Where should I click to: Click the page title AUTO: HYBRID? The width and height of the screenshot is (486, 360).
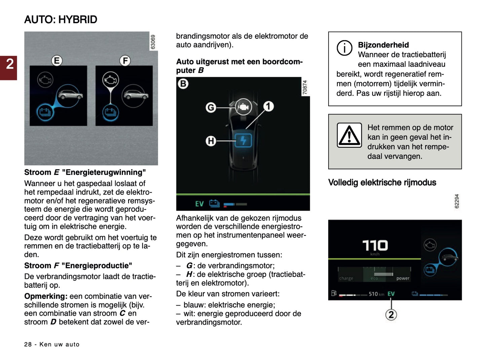click(x=61, y=20)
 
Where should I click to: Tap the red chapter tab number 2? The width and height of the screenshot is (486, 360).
click(x=9, y=64)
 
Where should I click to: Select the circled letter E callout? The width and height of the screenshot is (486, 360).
click(x=57, y=61)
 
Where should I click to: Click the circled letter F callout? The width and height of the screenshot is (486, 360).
click(x=125, y=61)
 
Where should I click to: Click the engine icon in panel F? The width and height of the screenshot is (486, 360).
click(x=111, y=80)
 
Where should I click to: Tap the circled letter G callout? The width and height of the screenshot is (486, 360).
click(x=211, y=107)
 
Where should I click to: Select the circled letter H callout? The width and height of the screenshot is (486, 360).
click(x=211, y=141)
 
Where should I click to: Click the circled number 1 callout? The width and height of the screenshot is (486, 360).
click(x=268, y=106)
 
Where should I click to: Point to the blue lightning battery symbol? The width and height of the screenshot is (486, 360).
click(x=243, y=140)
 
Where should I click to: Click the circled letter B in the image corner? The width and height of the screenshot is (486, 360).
click(x=183, y=83)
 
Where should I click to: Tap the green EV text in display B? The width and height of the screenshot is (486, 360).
click(x=199, y=204)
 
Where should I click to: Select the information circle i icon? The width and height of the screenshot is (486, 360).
click(x=344, y=48)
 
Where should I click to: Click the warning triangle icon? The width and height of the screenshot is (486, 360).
click(x=349, y=135)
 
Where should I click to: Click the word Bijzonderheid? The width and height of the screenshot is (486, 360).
click(x=383, y=45)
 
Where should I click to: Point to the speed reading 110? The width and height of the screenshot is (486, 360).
click(x=375, y=245)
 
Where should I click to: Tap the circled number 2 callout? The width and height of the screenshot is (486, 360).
click(x=391, y=315)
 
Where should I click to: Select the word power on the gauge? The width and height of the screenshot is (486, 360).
click(x=403, y=278)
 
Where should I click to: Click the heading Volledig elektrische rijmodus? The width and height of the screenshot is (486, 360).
click(x=382, y=182)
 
